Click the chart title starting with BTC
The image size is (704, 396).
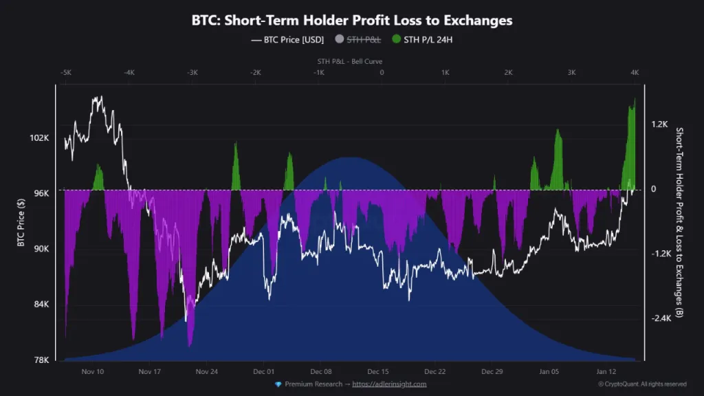[x=351, y=21]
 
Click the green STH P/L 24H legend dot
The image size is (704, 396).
[x=397, y=39]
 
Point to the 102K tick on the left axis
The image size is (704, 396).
[x=38, y=137]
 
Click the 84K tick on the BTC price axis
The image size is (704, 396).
[x=40, y=305]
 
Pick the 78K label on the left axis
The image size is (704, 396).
[x=40, y=360]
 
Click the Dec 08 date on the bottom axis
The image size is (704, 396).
[x=321, y=371]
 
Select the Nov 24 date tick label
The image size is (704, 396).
[x=206, y=371]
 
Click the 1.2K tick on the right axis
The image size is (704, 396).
[x=659, y=124]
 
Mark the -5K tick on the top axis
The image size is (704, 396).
[x=65, y=72]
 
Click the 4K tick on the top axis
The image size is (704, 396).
[x=635, y=72]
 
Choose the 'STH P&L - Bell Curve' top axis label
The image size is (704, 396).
[x=350, y=61]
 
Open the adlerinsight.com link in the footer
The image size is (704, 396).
[x=389, y=384]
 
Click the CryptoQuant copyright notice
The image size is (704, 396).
[x=641, y=384]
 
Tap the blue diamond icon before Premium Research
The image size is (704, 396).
[x=278, y=384]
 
